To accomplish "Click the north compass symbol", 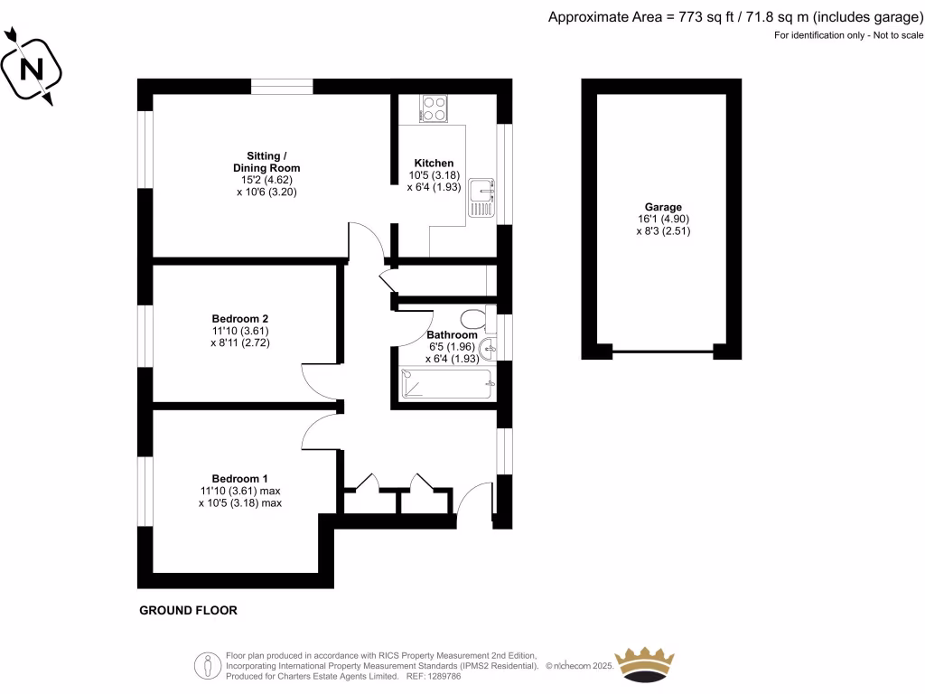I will (x=32, y=67).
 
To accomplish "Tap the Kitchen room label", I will (x=434, y=163).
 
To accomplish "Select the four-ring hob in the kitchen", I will (x=434, y=108).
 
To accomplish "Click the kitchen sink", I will (x=481, y=197).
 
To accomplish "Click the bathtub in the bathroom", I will (x=447, y=384).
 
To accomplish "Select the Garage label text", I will (x=664, y=207).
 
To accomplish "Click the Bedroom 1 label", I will (x=239, y=478).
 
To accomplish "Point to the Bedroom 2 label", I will (x=239, y=318).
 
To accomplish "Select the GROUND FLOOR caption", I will (x=188, y=611).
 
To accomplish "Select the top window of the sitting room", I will (x=282, y=87).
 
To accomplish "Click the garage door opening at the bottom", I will (x=664, y=351).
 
